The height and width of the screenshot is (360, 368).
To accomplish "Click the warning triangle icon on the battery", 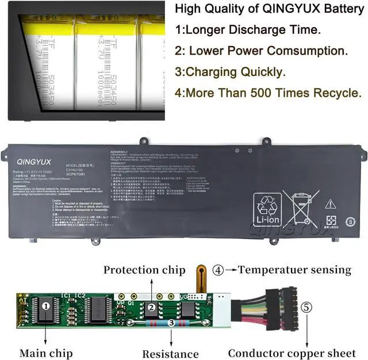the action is [x=330, y=204].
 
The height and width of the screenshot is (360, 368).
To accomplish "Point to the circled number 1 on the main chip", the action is [x=46, y=307].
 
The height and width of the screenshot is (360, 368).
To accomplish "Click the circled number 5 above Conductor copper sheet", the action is [x=306, y=308].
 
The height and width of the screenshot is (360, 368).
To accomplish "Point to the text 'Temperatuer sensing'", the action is [x=294, y=269].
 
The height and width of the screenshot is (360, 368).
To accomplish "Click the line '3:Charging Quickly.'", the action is [x=230, y=72].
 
